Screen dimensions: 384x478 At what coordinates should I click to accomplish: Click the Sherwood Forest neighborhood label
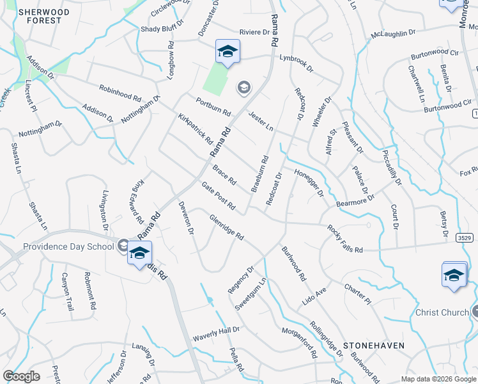40,16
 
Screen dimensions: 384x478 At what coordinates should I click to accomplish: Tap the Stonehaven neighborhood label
374,345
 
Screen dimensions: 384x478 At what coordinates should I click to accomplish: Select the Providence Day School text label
68,246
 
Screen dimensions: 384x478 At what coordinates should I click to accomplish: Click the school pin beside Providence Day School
139,253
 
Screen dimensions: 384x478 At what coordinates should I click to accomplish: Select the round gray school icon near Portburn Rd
243,87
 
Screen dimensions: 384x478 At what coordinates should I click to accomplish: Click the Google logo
21,376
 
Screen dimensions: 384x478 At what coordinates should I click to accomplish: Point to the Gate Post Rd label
219,196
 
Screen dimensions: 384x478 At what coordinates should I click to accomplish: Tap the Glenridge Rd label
227,227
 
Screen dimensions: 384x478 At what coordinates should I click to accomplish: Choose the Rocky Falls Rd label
344,238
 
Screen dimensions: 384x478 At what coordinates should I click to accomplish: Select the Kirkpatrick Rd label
196,129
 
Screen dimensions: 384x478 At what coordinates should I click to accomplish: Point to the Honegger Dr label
309,183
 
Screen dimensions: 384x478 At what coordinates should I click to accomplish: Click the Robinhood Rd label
119,93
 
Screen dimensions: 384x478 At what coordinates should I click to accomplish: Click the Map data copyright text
438,379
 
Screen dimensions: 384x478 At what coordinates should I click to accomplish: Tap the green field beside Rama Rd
215,81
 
